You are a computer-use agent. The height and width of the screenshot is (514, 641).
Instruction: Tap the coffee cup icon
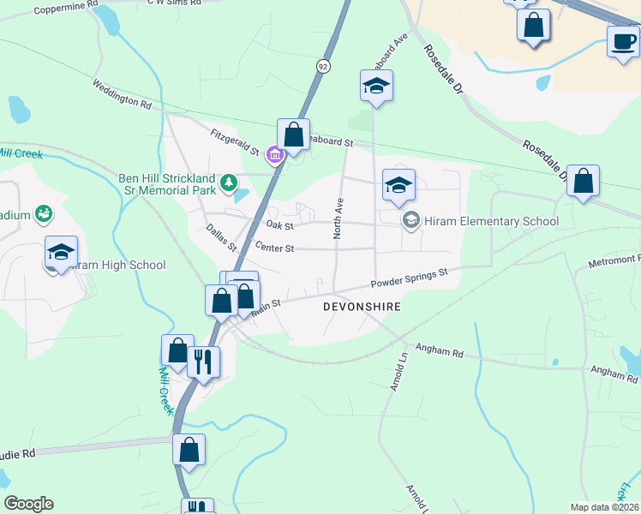(623, 41)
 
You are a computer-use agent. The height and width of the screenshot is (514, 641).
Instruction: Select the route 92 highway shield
(322, 65)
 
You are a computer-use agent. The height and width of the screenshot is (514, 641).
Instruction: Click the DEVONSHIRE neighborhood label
(362, 306)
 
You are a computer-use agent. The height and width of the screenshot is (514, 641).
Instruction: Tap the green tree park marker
(229, 182)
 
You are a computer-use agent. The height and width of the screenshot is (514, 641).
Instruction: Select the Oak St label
(279, 226)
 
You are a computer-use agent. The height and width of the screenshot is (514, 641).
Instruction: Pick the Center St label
(274, 248)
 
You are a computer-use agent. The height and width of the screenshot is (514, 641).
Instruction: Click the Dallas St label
(221, 238)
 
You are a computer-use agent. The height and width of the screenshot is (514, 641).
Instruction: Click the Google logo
(28, 504)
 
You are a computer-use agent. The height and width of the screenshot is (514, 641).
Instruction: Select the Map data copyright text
(604, 507)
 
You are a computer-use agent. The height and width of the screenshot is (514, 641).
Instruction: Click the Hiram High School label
(117, 266)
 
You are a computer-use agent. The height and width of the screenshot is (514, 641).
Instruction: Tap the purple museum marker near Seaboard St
(274, 155)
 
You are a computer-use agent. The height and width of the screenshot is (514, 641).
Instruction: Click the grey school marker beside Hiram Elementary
(411, 221)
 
